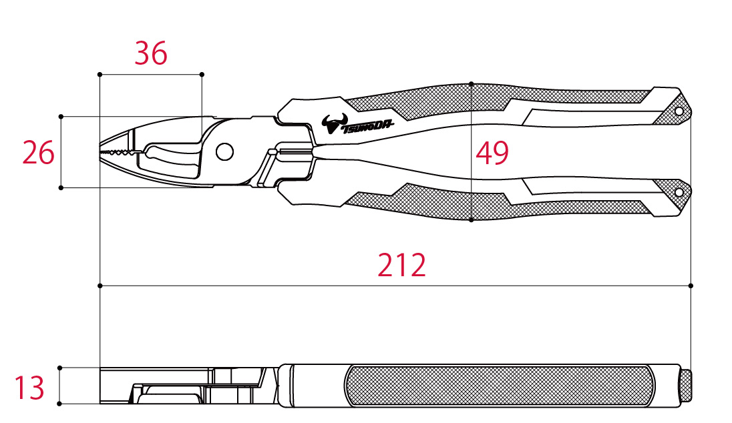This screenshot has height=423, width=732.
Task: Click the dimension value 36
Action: pyautogui.click(x=151, y=53)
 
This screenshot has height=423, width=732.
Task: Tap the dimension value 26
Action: pyautogui.click(x=38, y=153)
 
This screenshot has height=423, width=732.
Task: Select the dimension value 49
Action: pyautogui.click(x=492, y=153)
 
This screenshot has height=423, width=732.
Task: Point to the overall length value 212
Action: pyautogui.click(x=401, y=265)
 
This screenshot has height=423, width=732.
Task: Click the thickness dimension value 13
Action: pyautogui.click(x=29, y=387)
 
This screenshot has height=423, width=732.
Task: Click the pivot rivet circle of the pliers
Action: pyautogui.click(x=224, y=151)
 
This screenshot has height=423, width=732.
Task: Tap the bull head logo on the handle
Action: pyautogui.click(x=334, y=123)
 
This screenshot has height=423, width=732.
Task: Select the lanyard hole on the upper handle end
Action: pyautogui.click(x=679, y=111)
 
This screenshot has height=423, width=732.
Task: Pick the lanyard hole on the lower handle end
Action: pyautogui.click(x=679, y=192)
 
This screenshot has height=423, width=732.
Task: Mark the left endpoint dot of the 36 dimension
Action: pyautogui.click(x=100, y=75)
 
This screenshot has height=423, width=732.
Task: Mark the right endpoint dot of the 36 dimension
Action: pyautogui.click(x=202, y=75)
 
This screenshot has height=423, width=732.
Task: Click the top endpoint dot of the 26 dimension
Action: pyautogui.click(x=61, y=117)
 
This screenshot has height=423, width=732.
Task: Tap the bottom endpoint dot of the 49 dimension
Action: pyautogui.click(x=471, y=220)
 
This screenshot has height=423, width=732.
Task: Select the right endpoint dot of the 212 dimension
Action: pyautogui.click(x=691, y=286)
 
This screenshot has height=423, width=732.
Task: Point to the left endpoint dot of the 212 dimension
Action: pyautogui.click(x=100, y=286)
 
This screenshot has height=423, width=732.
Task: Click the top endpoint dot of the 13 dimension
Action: pyautogui.click(x=59, y=368)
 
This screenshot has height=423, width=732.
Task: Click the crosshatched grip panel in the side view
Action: pyautogui.click(x=500, y=386)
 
